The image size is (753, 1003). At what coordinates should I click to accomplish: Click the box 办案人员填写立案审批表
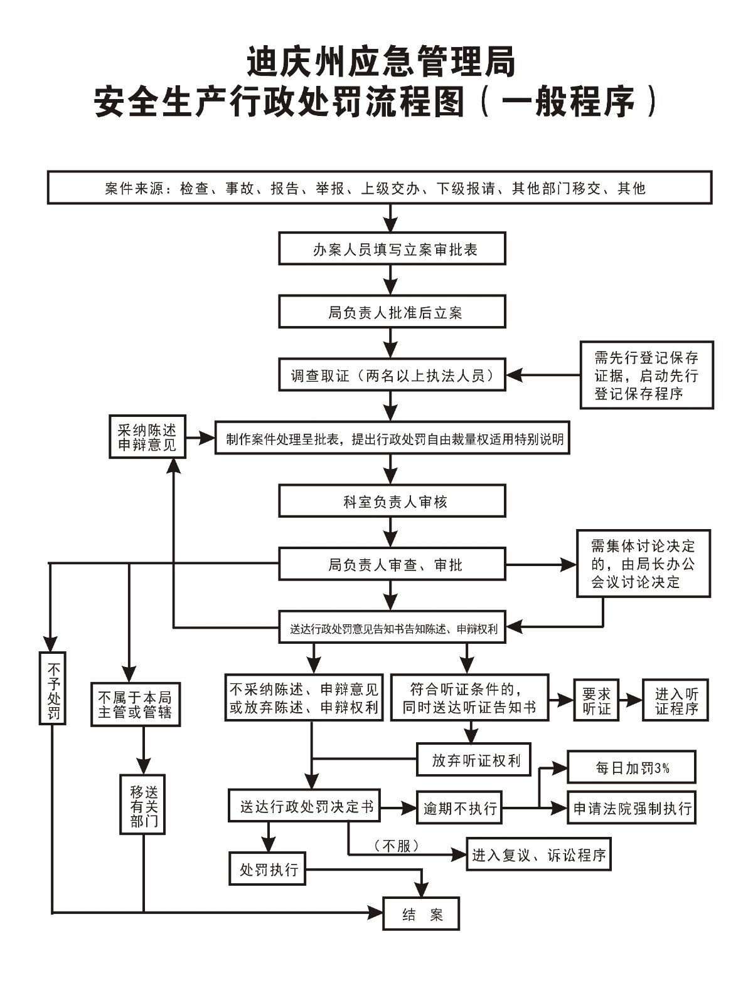392,249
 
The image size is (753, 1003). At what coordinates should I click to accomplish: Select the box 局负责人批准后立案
392,312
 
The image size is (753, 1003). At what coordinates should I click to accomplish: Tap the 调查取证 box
392,375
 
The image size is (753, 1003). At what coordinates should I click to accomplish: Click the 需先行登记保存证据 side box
646,375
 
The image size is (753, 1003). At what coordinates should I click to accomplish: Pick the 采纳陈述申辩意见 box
147,437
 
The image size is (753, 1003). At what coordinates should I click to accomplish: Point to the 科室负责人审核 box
392,501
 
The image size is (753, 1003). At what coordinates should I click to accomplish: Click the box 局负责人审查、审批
392,564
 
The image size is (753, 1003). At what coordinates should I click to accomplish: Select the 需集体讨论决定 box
643,563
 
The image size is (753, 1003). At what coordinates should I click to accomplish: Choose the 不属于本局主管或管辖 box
136,704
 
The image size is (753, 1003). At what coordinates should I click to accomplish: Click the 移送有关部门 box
142,804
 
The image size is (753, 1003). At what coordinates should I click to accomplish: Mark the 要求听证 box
596,700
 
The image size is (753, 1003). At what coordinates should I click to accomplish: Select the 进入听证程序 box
675,700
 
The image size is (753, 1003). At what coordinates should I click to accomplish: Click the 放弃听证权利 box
474,760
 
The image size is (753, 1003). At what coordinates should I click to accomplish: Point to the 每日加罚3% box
631,767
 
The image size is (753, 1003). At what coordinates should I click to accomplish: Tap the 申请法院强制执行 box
631,807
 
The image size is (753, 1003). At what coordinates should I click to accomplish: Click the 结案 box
421,913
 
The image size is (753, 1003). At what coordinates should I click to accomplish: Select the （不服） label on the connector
396,846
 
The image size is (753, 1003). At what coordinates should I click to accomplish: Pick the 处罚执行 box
267,868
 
